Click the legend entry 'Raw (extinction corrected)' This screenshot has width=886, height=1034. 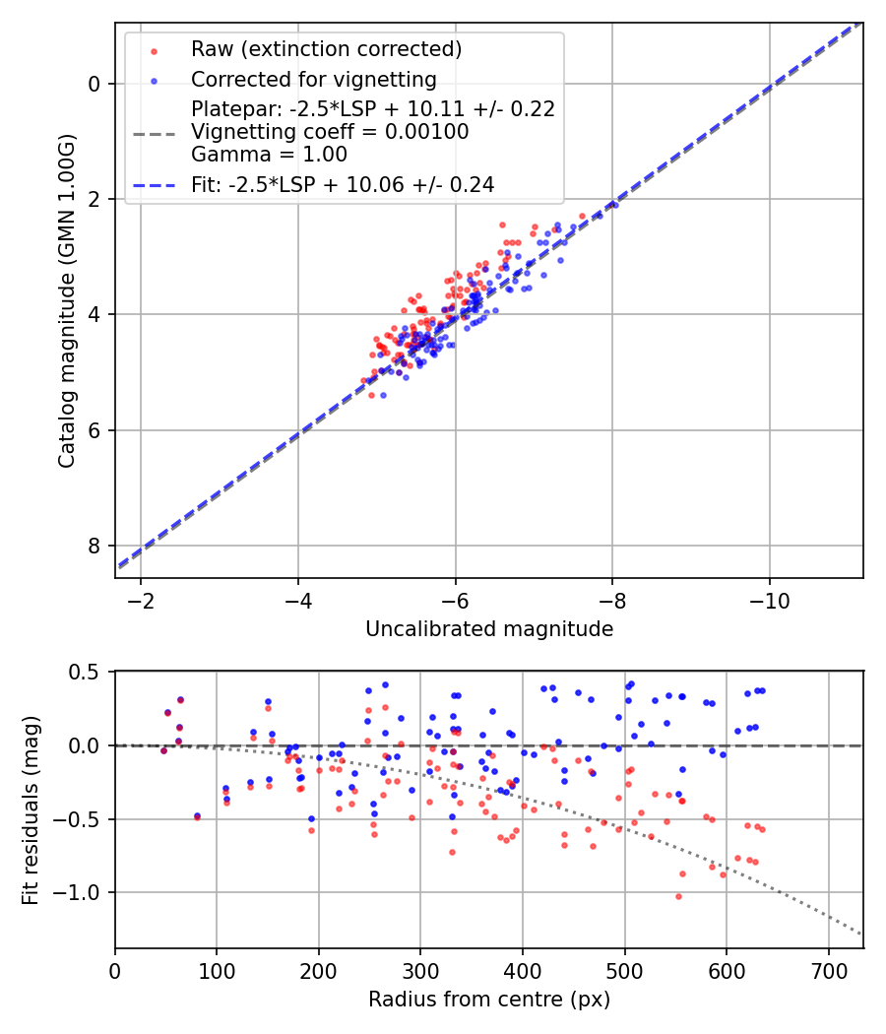pyautogui.click(x=326, y=49)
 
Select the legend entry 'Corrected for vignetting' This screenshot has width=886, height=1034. pyautogui.click(x=313, y=79)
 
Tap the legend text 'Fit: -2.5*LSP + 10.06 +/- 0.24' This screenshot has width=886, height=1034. pyautogui.click(x=342, y=184)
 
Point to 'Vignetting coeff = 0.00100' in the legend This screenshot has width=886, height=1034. pyautogui.click(x=330, y=132)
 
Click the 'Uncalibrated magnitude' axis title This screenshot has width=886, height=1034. pyautogui.click(x=489, y=629)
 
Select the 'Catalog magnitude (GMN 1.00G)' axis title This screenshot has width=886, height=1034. pyautogui.click(x=66, y=300)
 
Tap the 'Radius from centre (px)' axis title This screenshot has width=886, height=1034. pyautogui.click(x=489, y=1000)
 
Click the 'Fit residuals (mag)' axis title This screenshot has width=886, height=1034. pyautogui.click(x=30, y=808)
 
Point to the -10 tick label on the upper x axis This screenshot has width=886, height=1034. pyautogui.click(x=769, y=602)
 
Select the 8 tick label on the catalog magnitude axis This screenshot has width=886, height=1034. pyautogui.click(x=95, y=546)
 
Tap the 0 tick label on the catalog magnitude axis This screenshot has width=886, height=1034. pyautogui.click(x=95, y=84)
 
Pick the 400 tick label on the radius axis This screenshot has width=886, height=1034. pyautogui.click(x=523, y=971)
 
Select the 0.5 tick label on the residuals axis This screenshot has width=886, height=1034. pyautogui.click(x=86, y=672)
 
